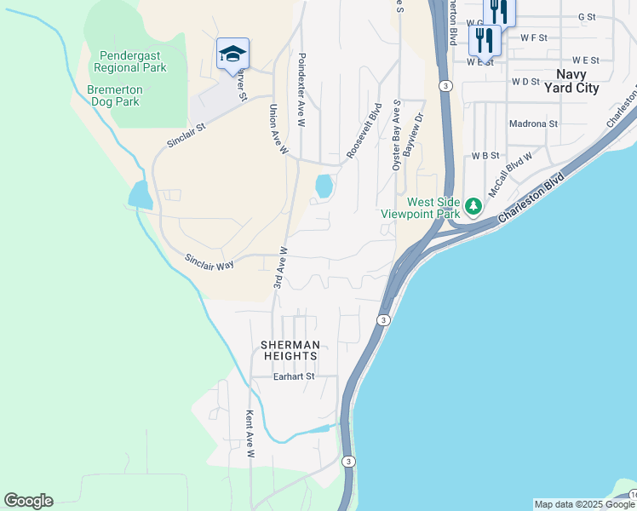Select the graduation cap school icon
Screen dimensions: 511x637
[x=232, y=55]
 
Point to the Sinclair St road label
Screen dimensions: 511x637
[x=187, y=135]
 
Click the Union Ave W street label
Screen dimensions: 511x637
[x=279, y=129]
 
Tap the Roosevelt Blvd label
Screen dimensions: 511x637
[x=364, y=131]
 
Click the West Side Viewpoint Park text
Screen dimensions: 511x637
[x=433, y=208]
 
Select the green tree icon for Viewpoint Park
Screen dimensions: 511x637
[x=473, y=206]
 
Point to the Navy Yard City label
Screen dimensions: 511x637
[x=577, y=81]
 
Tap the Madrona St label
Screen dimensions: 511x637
[x=532, y=123]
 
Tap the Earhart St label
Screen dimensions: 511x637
[x=294, y=376]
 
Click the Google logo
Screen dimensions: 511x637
[x=28, y=501]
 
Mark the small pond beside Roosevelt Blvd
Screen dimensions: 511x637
[x=324, y=186]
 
